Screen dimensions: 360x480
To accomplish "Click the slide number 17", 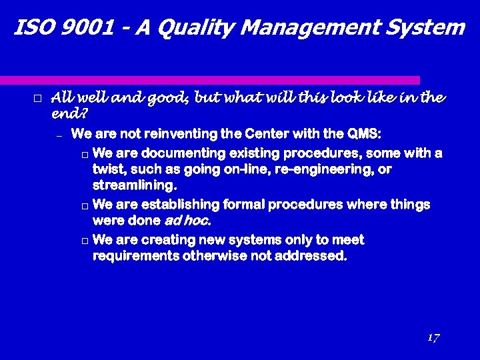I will [433, 337].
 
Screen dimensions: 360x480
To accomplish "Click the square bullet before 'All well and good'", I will [37, 99].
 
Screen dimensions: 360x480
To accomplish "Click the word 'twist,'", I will [109, 169].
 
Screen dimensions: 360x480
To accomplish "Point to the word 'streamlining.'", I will [135, 185].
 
